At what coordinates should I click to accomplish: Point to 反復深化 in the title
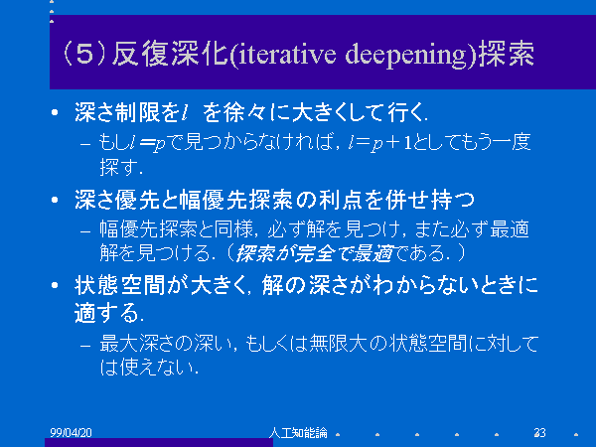click(169, 54)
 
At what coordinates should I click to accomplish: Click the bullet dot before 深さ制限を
click(55, 112)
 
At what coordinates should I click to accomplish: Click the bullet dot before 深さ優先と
click(55, 200)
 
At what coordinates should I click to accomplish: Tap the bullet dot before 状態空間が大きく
click(55, 285)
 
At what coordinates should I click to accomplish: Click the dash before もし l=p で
click(85, 144)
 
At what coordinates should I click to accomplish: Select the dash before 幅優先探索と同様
click(85, 231)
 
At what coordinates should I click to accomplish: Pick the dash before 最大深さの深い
click(85, 346)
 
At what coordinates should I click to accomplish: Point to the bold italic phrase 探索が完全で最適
click(314, 253)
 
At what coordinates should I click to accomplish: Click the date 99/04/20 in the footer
click(72, 432)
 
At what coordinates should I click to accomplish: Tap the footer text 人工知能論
click(298, 432)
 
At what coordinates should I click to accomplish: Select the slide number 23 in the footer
click(539, 432)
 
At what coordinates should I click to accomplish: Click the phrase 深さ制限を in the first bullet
click(126, 112)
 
